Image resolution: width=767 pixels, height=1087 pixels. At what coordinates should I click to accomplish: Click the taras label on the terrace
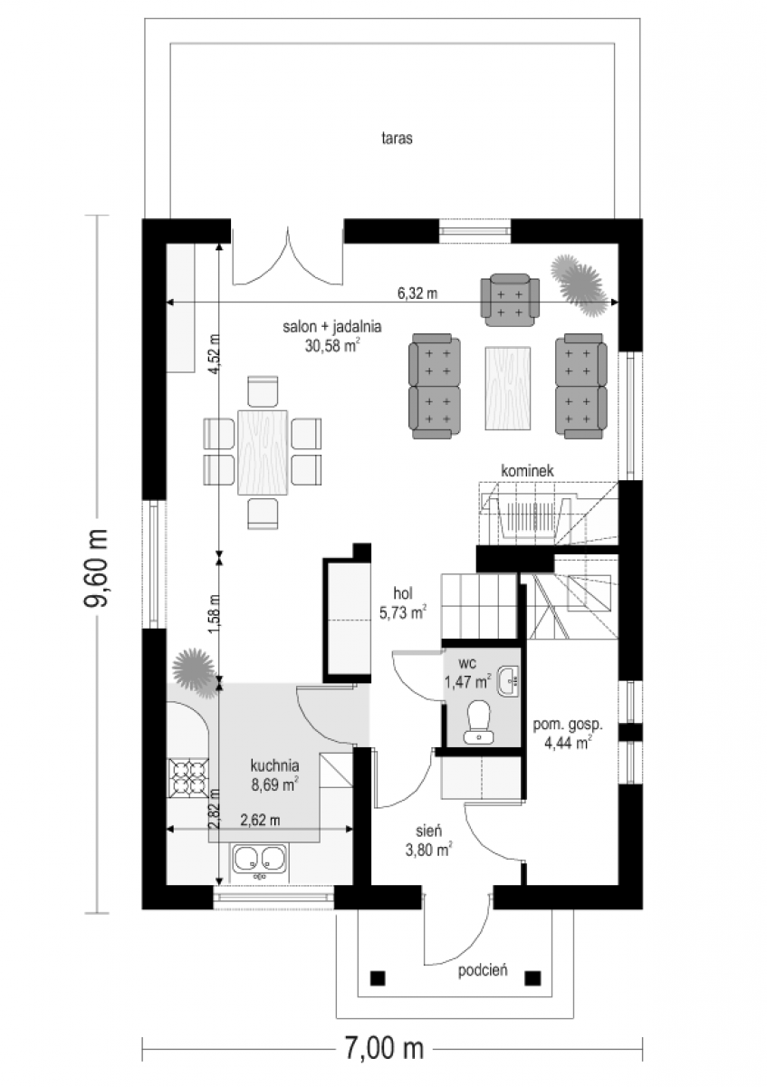click(x=397, y=139)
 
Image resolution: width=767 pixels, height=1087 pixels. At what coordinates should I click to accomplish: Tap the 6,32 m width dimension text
click(x=417, y=293)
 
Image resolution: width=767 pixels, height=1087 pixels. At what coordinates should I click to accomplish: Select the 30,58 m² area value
click(x=332, y=345)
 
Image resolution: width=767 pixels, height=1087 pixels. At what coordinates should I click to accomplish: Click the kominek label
click(x=527, y=470)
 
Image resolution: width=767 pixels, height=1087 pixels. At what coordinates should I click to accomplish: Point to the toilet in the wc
click(x=478, y=722)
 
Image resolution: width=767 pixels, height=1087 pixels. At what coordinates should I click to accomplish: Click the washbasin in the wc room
click(x=508, y=681)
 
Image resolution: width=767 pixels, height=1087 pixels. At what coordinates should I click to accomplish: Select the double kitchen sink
click(x=259, y=858)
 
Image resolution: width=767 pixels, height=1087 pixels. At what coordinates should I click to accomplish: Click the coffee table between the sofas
click(x=507, y=388)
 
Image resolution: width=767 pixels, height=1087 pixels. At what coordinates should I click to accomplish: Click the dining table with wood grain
click(x=263, y=452)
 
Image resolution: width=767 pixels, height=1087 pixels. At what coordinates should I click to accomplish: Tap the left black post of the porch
click(x=378, y=978)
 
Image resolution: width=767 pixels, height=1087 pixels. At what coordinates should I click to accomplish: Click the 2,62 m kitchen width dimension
click(x=260, y=820)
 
